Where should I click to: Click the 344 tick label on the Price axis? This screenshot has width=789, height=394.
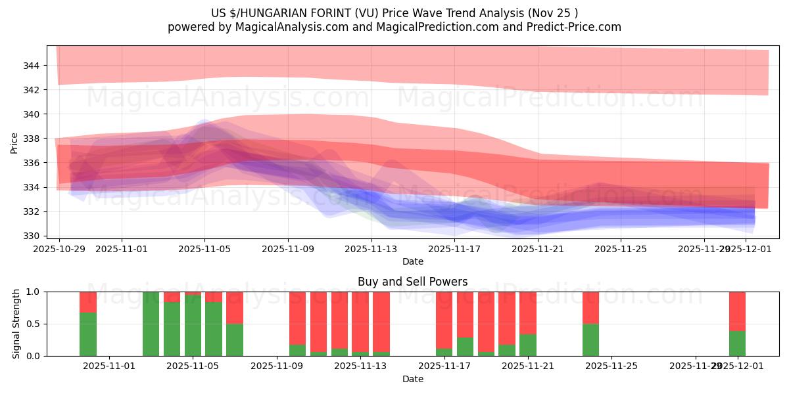pos(32,66)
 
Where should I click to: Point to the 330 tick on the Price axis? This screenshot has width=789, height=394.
pos(32,236)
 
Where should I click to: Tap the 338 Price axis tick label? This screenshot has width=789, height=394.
pos(32,139)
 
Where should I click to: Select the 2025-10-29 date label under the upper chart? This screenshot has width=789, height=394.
pos(59,249)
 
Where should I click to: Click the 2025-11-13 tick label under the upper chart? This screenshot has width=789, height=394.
pos(371,249)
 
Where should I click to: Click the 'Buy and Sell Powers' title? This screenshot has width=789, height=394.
pos(412,282)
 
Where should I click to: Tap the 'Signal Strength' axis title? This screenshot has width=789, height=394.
pos(16,324)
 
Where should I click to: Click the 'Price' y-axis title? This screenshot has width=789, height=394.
pos(14,142)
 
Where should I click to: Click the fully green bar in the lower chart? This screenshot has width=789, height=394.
pos(151,324)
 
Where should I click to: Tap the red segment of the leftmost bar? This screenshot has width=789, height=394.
pos(88,301)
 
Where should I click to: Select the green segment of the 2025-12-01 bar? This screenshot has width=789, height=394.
pos(737,343)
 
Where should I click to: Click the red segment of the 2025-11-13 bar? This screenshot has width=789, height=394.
pos(381,322)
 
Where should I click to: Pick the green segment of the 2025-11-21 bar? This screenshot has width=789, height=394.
pos(528,345)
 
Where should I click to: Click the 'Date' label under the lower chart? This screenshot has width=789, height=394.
pos(412,379)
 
